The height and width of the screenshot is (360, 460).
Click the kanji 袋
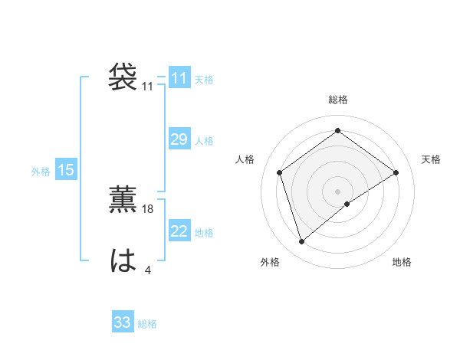point(123,77)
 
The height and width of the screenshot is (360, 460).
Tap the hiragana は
point(123,261)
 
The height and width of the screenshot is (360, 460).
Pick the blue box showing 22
point(179,231)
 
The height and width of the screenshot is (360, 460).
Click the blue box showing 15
point(66,170)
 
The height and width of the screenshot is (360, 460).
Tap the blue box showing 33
point(123,322)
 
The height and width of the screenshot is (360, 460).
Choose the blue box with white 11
point(179,78)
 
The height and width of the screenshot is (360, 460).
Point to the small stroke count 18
point(149,208)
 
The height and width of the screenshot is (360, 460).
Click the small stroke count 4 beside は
point(148,269)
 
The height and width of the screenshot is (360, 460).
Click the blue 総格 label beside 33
point(147,324)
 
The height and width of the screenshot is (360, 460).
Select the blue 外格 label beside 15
point(41,172)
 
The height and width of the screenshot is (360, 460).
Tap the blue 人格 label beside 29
point(204,141)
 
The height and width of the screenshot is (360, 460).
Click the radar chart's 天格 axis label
point(431,159)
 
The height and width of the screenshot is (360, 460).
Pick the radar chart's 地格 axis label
point(402,262)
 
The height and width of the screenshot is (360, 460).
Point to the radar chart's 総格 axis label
point(337,100)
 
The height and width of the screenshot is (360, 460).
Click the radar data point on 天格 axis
point(396,172)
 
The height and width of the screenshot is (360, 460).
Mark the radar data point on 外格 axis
point(301,242)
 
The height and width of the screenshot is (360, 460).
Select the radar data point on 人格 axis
point(280,172)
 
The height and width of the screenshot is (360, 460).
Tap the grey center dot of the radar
point(337,191)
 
